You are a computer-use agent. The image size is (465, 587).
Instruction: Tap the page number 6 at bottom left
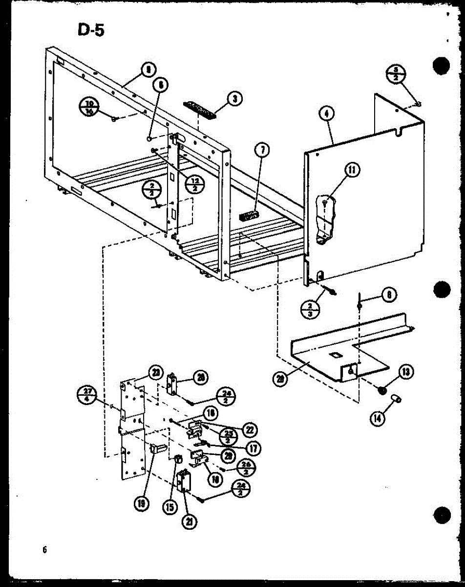tap(44, 549)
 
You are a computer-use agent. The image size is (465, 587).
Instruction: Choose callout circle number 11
tap(351, 171)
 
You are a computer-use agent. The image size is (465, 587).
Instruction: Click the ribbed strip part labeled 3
tap(199, 109)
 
